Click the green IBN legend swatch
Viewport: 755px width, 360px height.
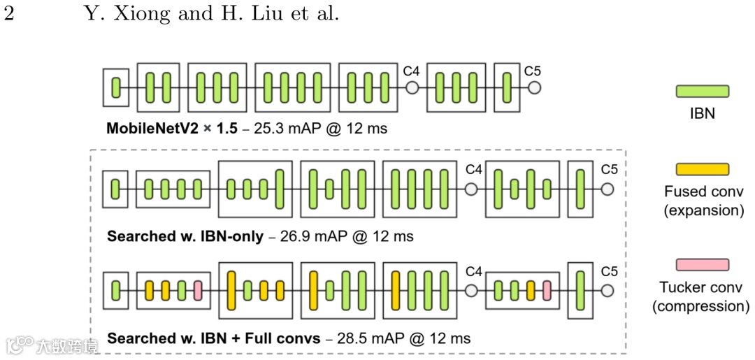click(703, 92)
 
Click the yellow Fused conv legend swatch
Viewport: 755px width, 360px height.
click(703, 170)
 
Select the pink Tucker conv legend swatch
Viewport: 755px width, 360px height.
click(703, 265)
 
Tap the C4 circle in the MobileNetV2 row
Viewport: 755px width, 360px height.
click(412, 87)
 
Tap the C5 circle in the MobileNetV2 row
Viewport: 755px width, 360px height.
click(534, 87)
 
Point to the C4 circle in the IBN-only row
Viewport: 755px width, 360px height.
click(471, 189)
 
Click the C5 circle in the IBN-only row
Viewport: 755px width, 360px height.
click(607, 189)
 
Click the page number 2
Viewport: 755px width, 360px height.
click(9, 14)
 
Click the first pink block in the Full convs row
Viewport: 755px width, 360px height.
click(198, 290)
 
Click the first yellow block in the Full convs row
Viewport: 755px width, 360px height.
click(149, 290)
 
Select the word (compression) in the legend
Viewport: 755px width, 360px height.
click(700, 306)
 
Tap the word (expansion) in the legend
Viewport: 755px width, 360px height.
click(703, 210)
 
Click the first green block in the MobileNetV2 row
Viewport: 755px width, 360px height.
click(116, 87)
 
